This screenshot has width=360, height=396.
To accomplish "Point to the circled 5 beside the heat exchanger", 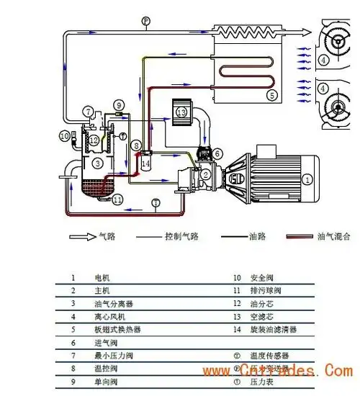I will click(x=271, y=94).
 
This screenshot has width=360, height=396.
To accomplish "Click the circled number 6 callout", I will click(x=218, y=152).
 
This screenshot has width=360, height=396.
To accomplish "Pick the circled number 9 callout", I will click(x=119, y=105).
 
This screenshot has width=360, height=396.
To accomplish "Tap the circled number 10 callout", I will click(x=64, y=135).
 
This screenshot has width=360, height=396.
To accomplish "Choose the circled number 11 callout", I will click(x=117, y=199).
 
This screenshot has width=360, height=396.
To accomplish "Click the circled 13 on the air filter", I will click(x=181, y=112).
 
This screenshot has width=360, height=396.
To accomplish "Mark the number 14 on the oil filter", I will click(x=145, y=163).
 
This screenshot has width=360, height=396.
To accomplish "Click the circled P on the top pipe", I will click(x=145, y=22).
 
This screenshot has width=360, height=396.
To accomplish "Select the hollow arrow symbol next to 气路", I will click(x=83, y=236).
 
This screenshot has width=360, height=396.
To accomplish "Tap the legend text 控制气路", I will click(x=179, y=236).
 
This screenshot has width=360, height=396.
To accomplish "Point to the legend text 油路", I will click(x=255, y=236).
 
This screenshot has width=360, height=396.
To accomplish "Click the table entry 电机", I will click(x=102, y=277).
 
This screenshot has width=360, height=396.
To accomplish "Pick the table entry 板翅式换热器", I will click(x=117, y=329).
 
